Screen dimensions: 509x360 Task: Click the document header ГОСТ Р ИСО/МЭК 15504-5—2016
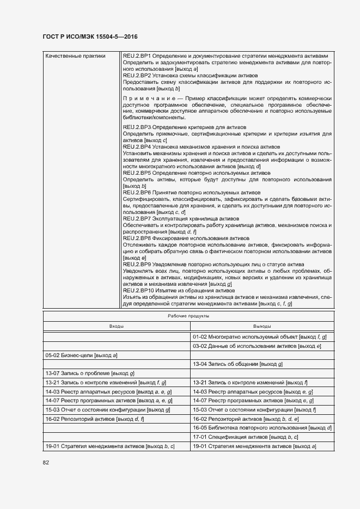90,36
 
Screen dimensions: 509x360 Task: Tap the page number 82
46,462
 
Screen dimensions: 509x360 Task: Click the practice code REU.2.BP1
137,56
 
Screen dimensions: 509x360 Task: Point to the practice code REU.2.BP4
137,147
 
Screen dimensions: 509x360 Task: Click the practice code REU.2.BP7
137,218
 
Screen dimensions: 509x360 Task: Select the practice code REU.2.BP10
138,290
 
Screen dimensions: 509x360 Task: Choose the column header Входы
116,326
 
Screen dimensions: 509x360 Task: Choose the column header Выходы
262,326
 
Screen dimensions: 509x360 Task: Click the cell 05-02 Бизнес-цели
82,355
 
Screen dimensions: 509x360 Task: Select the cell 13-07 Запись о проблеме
90,373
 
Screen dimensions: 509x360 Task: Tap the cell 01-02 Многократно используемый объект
259,337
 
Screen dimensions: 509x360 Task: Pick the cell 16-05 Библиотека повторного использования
262,428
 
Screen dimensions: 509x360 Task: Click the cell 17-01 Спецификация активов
245,437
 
